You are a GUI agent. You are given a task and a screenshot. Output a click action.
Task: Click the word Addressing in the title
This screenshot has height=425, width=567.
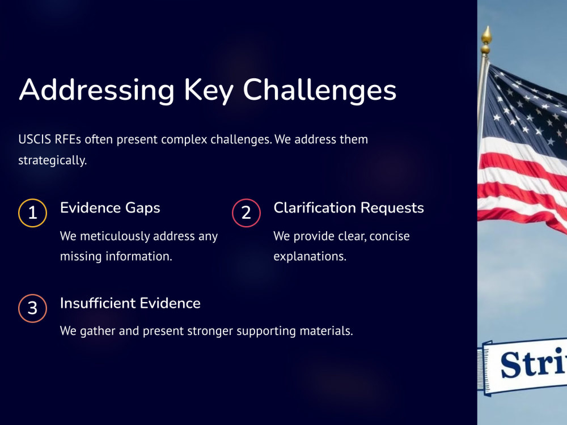click(x=97, y=90)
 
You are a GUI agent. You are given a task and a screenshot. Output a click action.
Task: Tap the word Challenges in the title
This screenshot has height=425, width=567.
click(x=320, y=90)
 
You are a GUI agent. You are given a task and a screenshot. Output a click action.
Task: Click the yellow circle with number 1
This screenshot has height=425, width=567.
click(x=32, y=213)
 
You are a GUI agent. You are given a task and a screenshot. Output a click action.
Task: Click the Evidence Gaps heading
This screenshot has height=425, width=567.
click(x=110, y=208)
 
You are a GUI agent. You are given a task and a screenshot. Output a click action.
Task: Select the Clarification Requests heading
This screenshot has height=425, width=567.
click(x=349, y=208)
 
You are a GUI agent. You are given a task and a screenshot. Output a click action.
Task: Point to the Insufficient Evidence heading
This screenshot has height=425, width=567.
click(x=130, y=303)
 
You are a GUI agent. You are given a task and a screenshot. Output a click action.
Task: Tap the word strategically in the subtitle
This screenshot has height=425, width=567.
click(x=52, y=160)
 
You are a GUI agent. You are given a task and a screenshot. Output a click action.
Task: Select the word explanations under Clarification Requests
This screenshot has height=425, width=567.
click(x=310, y=257)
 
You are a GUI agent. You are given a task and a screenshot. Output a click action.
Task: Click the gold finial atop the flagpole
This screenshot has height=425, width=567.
click(x=486, y=40)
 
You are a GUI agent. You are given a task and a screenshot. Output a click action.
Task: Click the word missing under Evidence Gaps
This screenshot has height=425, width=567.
click(x=81, y=257)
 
